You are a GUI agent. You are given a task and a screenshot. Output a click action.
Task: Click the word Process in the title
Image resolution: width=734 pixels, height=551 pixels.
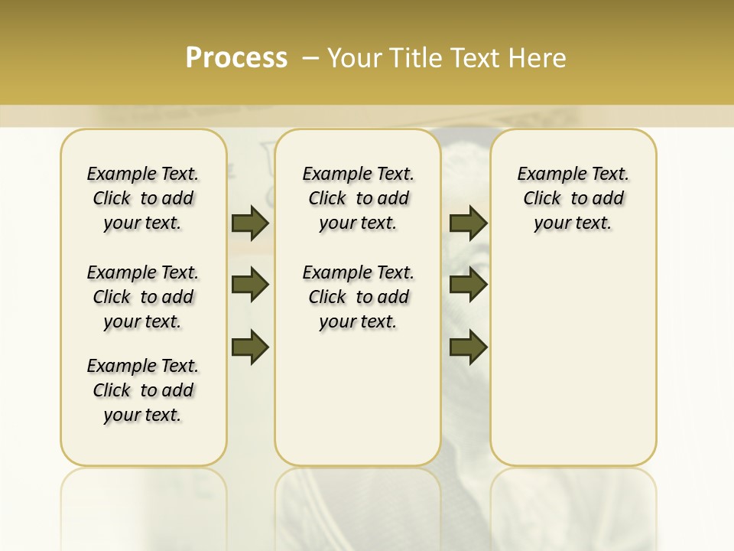[236, 58]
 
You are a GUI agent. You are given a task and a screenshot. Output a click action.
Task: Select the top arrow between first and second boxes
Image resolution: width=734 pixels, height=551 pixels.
[250, 223]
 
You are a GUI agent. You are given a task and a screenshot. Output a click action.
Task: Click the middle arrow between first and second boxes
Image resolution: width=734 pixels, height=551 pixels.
[250, 285]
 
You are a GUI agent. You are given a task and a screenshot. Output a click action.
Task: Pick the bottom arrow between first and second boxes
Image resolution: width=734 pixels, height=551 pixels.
[250, 347]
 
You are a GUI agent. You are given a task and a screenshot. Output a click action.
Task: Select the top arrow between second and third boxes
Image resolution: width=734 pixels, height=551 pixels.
[468, 223]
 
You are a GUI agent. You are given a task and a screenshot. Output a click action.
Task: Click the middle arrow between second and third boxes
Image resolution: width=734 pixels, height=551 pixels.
[468, 285]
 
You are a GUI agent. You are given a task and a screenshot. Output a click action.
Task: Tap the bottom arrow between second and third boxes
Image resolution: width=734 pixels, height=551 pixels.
[468, 347]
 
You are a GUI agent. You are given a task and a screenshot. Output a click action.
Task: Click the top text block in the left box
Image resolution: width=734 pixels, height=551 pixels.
[143, 198]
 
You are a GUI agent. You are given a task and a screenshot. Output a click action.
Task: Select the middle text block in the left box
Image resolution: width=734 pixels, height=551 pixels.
[143, 297]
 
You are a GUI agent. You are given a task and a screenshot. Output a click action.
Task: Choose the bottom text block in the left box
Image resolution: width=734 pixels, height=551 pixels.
[143, 390]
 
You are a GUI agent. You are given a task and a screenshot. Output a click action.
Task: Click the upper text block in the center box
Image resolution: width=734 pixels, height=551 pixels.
[358, 198]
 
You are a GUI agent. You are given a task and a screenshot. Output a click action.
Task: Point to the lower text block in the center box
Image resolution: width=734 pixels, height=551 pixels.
[358, 297]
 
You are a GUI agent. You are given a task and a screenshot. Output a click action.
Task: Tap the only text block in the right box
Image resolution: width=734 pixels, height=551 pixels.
[573, 198]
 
